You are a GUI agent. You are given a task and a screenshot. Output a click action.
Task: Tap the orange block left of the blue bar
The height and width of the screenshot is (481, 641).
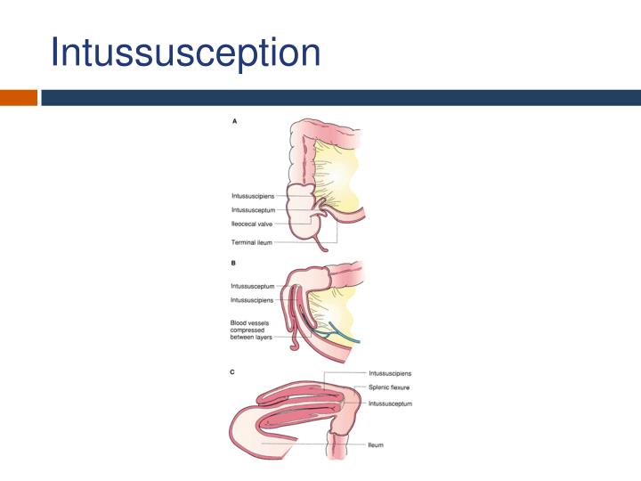tap(18, 97)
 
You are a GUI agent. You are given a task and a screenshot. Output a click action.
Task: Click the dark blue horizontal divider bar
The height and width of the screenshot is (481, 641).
tap(338, 97)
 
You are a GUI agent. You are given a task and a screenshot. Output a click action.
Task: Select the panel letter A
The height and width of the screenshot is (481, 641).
tap(234, 122)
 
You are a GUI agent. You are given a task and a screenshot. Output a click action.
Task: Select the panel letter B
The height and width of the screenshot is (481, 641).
tap(233, 265)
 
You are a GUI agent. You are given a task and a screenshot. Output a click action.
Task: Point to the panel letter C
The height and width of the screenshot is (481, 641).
tap(233, 372)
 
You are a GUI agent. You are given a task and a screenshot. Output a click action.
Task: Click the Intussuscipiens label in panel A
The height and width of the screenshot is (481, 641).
tap(252, 194)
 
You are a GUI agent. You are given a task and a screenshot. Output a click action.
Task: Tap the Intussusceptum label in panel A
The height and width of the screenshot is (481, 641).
tap(252, 210)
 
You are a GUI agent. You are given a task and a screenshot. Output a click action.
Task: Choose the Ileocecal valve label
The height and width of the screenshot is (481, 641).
tap(252, 225)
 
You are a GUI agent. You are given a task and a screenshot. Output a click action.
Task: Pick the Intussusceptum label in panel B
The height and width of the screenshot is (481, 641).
tap(252, 286)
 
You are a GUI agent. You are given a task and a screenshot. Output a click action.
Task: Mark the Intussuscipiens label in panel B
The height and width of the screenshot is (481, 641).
tap(252, 301)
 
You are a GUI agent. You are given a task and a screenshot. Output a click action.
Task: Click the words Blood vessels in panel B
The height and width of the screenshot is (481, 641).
tap(248, 322)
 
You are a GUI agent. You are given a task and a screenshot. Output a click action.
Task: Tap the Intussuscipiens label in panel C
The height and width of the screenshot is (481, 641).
tap(390, 373)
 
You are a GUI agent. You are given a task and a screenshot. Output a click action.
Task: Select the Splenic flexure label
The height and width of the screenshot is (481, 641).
tap(388, 388)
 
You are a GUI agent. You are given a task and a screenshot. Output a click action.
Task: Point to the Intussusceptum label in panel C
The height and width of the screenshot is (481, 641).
tap(390, 404)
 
